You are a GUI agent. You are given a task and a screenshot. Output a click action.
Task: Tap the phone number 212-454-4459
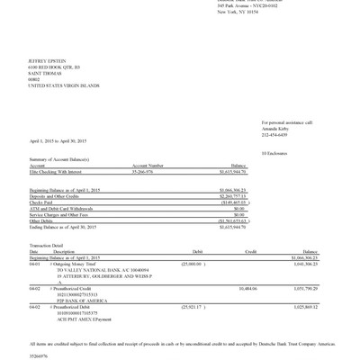point(274,134)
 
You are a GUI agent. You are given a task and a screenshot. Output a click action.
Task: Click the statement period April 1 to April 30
point(58,141)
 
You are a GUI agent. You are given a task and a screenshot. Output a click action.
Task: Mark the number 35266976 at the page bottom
point(40,355)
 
